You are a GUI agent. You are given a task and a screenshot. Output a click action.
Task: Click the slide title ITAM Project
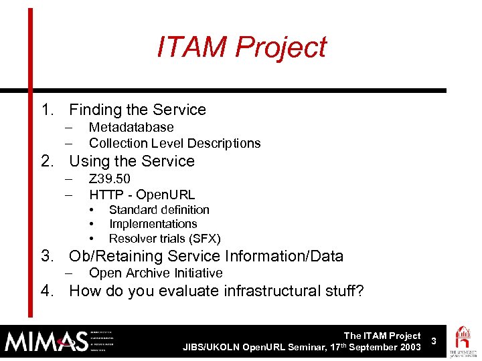coord(241,47)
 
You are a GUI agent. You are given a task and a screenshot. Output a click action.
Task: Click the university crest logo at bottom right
coord(463,341)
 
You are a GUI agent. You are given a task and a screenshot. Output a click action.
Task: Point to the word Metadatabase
coord(131,127)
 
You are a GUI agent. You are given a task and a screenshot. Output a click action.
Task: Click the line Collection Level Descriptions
coord(175,143)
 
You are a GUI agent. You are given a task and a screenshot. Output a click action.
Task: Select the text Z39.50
coord(110,178)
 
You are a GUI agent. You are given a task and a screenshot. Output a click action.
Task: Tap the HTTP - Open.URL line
coord(142,195)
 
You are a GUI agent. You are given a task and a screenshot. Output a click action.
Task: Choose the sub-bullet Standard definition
coord(159,210)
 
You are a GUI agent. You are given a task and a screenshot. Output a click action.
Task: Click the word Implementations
coord(153,224)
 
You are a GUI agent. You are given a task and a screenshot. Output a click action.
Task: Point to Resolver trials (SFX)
coord(165,239)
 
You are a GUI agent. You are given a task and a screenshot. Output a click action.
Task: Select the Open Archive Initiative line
coord(155,273)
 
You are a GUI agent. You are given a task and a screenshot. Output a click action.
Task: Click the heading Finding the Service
coord(137,110)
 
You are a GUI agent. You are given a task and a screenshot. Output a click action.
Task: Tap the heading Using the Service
coord(132,161)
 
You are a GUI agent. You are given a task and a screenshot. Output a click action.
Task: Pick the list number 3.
coord(46,256)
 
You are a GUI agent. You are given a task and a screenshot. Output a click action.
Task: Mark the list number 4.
coord(46,290)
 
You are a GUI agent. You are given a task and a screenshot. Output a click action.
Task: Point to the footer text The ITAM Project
coord(382,336)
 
